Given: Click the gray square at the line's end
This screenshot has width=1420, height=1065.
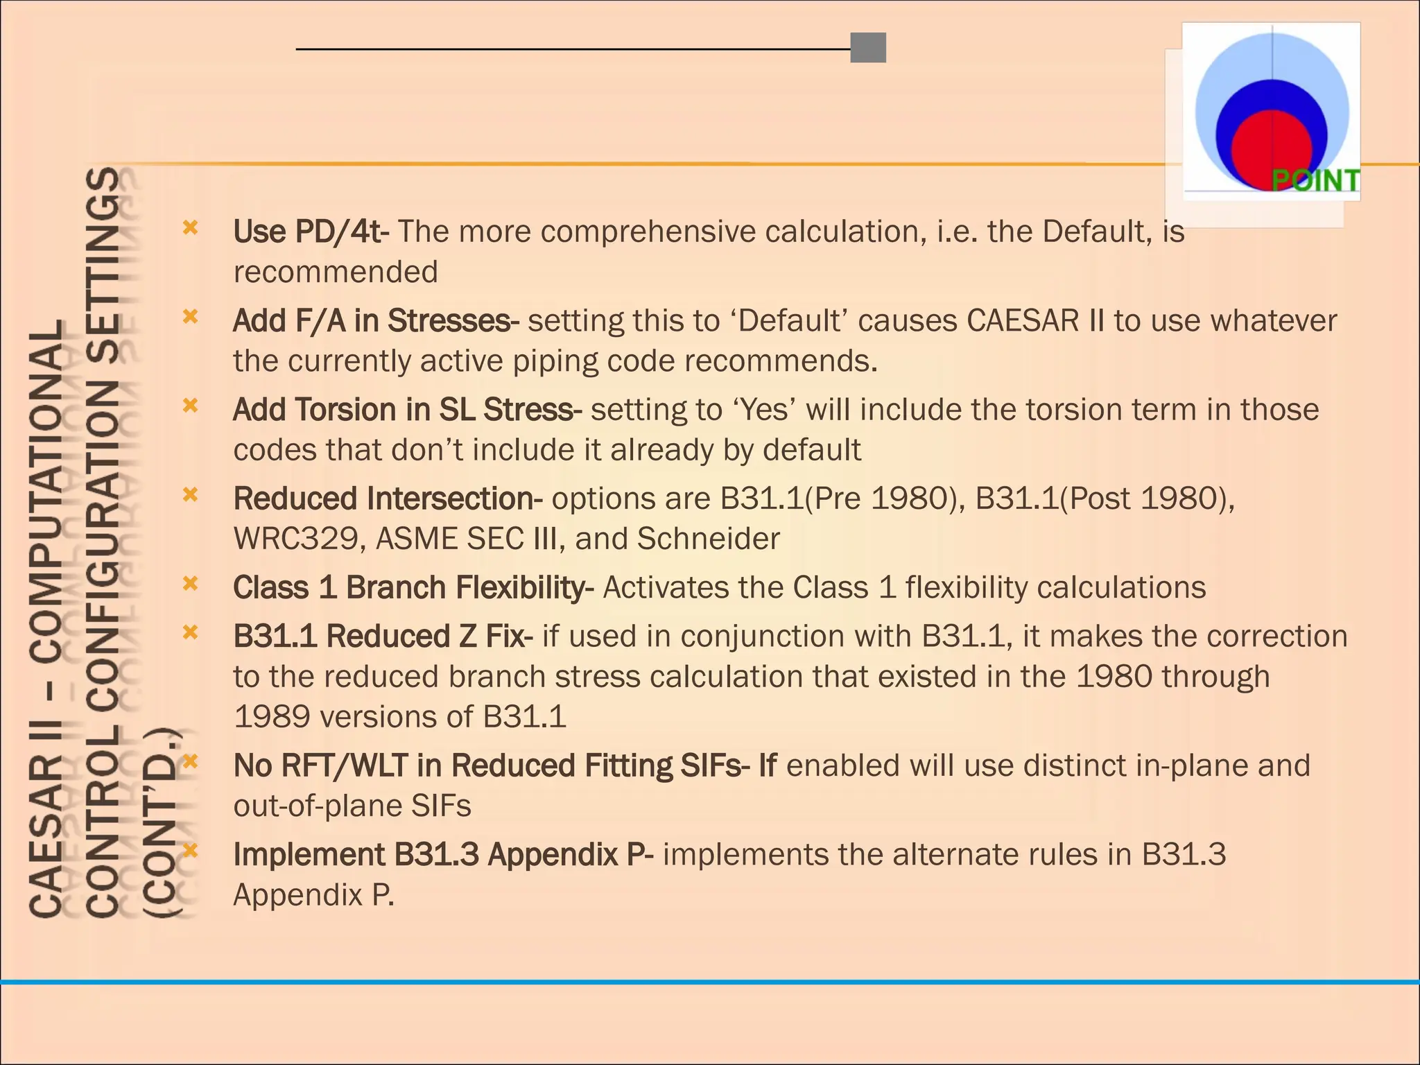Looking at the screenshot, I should click(x=868, y=48).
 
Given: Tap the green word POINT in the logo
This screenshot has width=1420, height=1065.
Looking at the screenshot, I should click(x=1315, y=181).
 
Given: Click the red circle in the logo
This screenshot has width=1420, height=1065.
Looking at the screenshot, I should click(x=1271, y=148).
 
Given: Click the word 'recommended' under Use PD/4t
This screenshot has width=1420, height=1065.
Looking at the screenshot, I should click(x=336, y=272).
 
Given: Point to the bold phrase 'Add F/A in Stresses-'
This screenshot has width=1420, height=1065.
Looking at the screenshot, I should click(x=376, y=321).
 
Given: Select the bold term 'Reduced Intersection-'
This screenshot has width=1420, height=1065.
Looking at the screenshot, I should click(x=388, y=499).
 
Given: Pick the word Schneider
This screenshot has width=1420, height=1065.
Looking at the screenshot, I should click(x=708, y=539).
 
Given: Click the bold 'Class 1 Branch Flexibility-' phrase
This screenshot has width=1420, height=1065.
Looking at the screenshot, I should click(x=413, y=588).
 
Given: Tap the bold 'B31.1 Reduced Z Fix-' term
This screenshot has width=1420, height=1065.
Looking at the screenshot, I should click(x=383, y=637).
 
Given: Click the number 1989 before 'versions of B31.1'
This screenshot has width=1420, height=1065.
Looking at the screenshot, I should click(x=272, y=717).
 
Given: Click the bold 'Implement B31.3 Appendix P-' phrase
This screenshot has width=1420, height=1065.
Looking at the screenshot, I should click(x=443, y=855).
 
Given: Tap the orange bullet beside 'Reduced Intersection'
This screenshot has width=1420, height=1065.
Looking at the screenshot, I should click(x=190, y=494).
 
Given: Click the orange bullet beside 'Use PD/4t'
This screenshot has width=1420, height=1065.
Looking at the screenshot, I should click(x=190, y=227).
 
